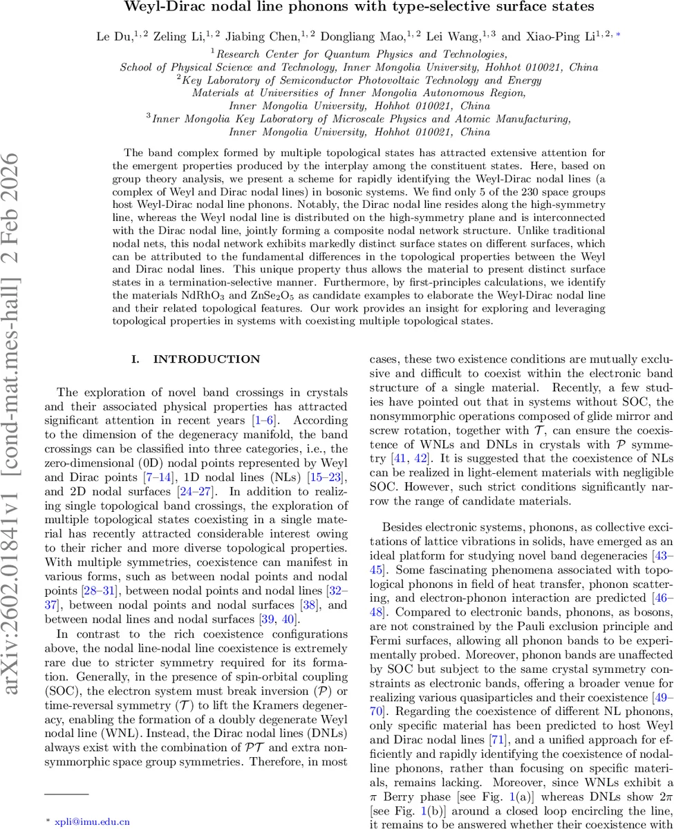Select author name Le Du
point(111,36)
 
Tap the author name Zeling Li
point(169,36)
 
